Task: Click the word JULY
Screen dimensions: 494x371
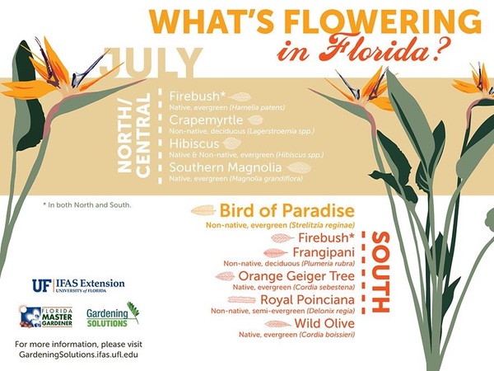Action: pyautogui.click(x=151, y=63)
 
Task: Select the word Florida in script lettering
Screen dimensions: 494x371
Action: pyautogui.click(x=377, y=49)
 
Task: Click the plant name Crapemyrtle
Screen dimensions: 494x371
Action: pyautogui.click(x=206, y=120)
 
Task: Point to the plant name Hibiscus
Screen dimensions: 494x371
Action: pyautogui.click(x=194, y=143)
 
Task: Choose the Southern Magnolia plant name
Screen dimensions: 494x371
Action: pyautogui.click(x=226, y=167)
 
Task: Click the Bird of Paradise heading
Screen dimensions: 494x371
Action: pyautogui.click(x=287, y=210)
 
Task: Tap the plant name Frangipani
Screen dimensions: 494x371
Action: pyautogui.click(x=324, y=252)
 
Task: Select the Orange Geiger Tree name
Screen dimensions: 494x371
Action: pyautogui.click(x=296, y=276)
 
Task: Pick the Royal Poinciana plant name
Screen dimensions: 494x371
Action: pyautogui.click(x=307, y=300)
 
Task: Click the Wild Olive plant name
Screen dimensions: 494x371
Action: pyautogui.click(x=324, y=323)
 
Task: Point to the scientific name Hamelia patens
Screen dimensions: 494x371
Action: pyautogui.click(x=258, y=107)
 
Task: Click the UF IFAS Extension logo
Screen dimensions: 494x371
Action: pyautogui.click(x=78, y=285)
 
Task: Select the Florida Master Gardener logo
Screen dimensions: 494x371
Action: pyautogui.click(x=46, y=317)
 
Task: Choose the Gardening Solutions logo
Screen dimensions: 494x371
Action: pyautogui.click(x=113, y=315)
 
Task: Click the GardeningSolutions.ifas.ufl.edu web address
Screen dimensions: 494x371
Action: pyautogui.click(x=78, y=355)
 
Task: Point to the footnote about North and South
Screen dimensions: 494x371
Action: pyautogui.click(x=87, y=205)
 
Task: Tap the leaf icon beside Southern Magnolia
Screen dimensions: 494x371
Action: pyautogui.click(x=299, y=167)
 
